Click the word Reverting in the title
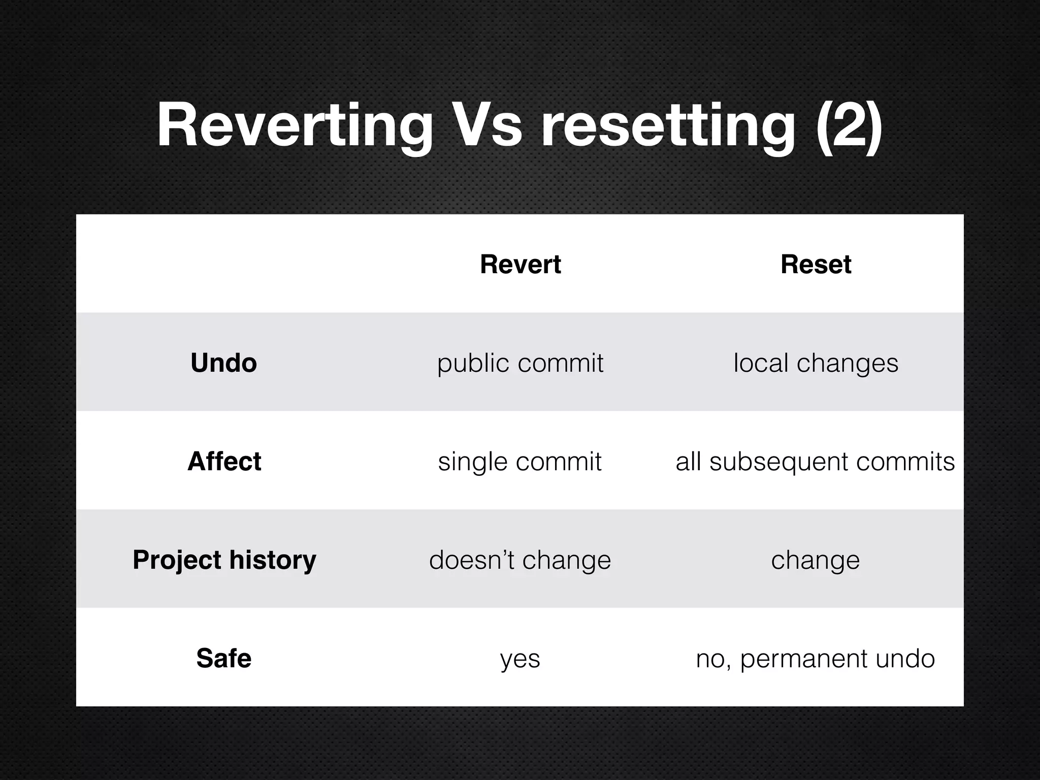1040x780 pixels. pyautogui.click(x=295, y=125)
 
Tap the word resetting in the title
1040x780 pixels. pyautogui.click(x=668, y=125)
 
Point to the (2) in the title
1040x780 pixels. pyautogui.click(x=849, y=125)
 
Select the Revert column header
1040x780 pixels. pyautogui.click(x=520, y=265)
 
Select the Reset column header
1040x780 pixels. pyautogui.click(x=816, y=265)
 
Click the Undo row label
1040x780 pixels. pyautogui.click(x=223, y=363)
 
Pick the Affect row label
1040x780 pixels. pyautogui.click(x=224, y=462)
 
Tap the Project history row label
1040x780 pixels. pyautogui.click(x=224, y=560)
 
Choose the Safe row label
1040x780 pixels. pyautogui.click(x=223, y=659)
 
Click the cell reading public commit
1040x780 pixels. pyautogui.click(x=520, y=363)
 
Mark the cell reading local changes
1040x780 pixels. pyautogui.click(x=816, y=363)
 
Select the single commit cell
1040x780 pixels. pyautogui.click(x=520, y=462)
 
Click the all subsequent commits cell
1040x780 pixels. pyautogui.click(x=815, y=462)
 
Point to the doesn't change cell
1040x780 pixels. pyautogui.click(x=520, y=560)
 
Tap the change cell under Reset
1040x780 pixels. pyautogui.click(x=816, y=560)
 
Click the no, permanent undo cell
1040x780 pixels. pyautogui.click(x=815, y=659)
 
